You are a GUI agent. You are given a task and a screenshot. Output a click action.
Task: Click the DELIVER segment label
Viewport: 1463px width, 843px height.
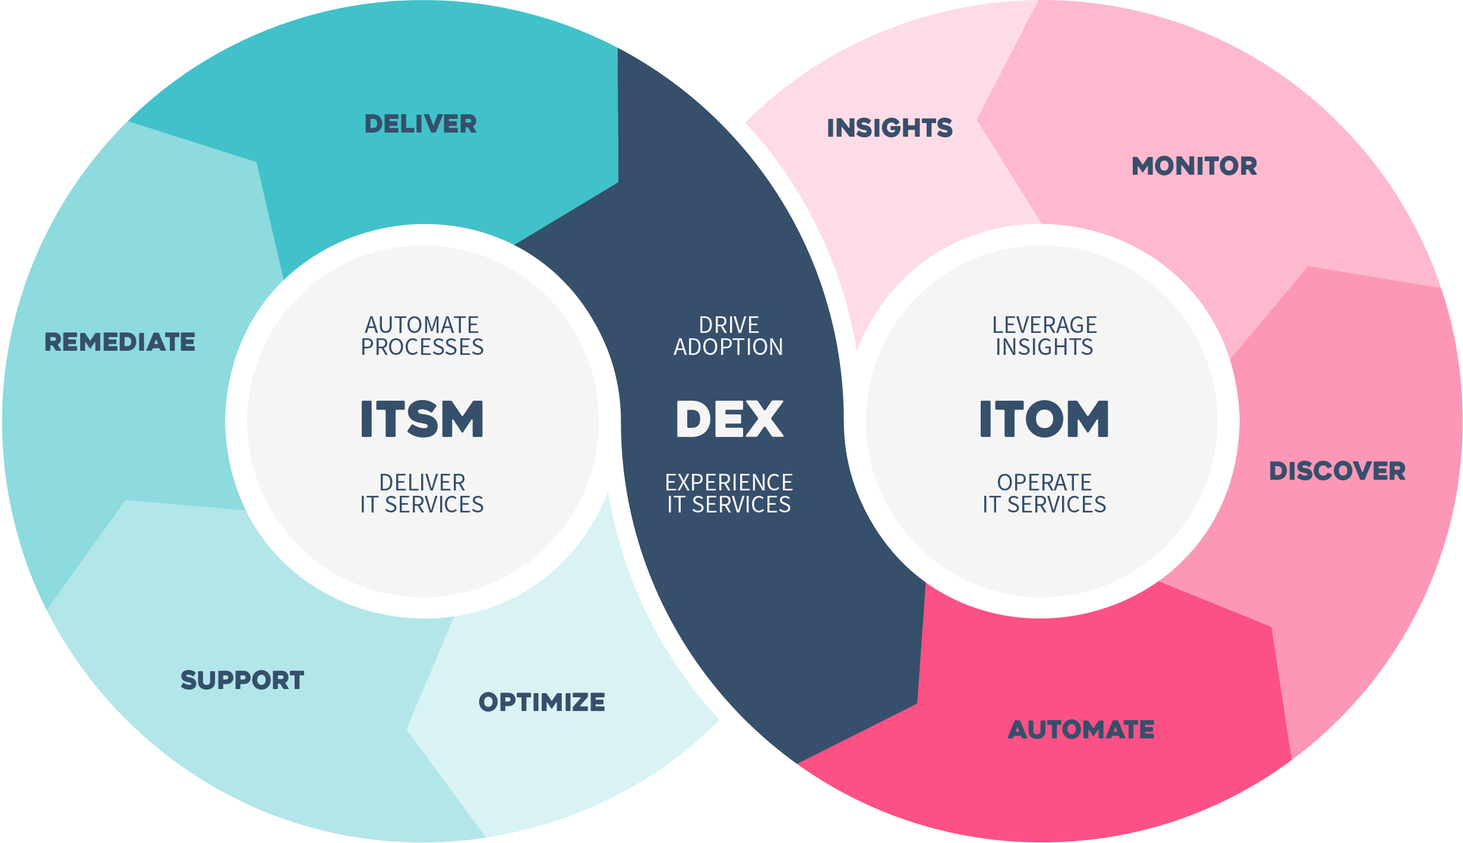click(x=421, y=124)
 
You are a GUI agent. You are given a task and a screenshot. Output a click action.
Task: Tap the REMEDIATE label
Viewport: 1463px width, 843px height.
click(x=120, y=342)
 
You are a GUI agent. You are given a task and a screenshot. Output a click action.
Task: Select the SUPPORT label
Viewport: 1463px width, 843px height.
click(x=242, y=680)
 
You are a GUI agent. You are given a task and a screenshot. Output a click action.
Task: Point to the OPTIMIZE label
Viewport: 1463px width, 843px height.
click(x=542, y=702)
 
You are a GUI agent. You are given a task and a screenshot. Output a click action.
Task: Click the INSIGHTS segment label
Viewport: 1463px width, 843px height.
click(x=890, y=128)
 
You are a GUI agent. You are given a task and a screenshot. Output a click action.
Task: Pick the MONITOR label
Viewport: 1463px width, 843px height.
click(x=1195, y=166)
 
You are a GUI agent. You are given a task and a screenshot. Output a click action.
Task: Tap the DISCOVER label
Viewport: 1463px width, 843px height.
click(x=1338, y=471)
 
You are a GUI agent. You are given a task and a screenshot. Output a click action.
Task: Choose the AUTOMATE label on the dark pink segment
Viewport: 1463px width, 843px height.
click(x=1081, y=730)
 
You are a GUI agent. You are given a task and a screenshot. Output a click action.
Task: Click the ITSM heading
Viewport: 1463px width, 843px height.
click(x=422, y=419)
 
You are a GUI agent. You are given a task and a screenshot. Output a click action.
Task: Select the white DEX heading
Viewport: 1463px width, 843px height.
click(x=729, y=419)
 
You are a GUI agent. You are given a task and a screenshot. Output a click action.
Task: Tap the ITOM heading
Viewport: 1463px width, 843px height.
click(x=1044, y=419)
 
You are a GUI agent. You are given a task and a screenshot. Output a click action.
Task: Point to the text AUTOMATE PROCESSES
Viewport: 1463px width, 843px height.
click(x=422, y=336)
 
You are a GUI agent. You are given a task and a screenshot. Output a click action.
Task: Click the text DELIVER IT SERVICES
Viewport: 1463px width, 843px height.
click(x=422, y=493)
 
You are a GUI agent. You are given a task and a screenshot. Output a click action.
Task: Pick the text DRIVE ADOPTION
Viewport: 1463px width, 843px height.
click(x=729, y=336)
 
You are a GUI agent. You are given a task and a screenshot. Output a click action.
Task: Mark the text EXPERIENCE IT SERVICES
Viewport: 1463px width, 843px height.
click(x=729, y=493)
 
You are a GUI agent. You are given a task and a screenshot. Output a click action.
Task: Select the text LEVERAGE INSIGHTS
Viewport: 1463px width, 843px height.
click(x=1044, y=336)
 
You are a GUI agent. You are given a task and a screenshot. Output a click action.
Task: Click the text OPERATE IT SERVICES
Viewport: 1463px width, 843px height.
click(x=1044, y=493)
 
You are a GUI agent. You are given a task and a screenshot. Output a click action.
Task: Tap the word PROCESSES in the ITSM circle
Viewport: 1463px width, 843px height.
click(x=422, y=347)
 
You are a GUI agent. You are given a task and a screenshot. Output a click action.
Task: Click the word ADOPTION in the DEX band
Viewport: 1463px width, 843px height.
click(x=729, y=347)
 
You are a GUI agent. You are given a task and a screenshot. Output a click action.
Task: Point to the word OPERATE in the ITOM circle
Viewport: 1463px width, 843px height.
click(x=1044, y=483)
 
